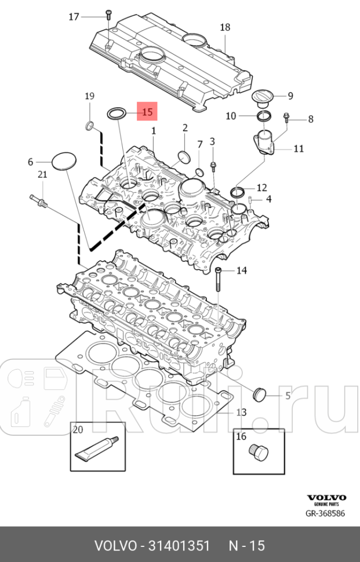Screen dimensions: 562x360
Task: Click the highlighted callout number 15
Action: tap(147, 112)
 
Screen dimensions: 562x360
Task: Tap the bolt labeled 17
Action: tap(108, 17)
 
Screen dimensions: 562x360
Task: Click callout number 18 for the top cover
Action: tap(225, 27)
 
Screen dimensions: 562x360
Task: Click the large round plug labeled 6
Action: tap(64, 162)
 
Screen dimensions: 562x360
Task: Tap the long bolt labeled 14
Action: tap(219, 282)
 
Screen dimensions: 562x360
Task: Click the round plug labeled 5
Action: tap(259, 395)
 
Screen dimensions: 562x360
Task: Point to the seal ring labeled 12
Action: tap(237, 191)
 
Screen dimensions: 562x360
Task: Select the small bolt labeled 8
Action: tap(286, 119)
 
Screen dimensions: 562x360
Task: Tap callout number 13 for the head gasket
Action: tap(241, 412)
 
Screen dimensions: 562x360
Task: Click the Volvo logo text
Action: tap(326, 498)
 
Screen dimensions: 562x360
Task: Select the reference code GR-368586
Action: tap(326, 513)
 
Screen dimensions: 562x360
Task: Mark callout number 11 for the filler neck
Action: tap(298, 149)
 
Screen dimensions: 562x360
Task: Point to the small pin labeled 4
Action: tap(249, 200)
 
